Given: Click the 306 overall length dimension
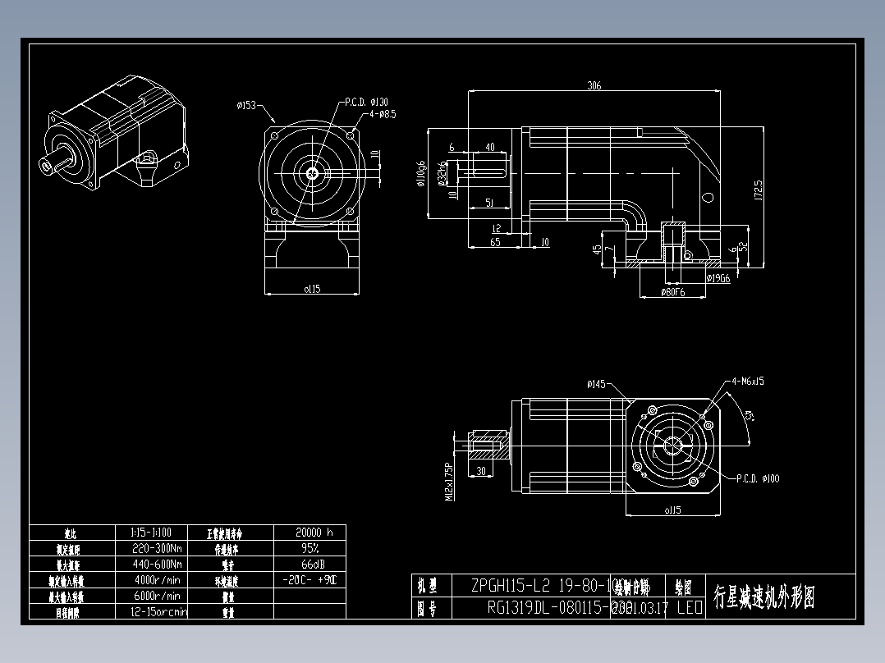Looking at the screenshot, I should [x=594, y=85].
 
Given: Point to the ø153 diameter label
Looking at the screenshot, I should [x=246, y=105].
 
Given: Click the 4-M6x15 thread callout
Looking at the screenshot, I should [x=747, y=382].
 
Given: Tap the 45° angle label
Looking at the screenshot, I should [x=748, y=416].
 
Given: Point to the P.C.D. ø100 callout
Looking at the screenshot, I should [x=758, y=478].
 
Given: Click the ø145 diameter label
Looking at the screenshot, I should [x=596, y=384].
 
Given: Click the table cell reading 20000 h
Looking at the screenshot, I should [x=309, y=532].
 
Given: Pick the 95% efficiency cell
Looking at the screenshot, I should [x=309, y=547].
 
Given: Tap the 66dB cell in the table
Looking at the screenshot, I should [x=309, y=564].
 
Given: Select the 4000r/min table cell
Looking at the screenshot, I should [x=157, y=579].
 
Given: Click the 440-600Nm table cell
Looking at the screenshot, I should [x=157, y=564].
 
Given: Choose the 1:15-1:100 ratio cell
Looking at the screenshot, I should [x=157, y=532].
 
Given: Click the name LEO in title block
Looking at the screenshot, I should [x=689, y=608].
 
